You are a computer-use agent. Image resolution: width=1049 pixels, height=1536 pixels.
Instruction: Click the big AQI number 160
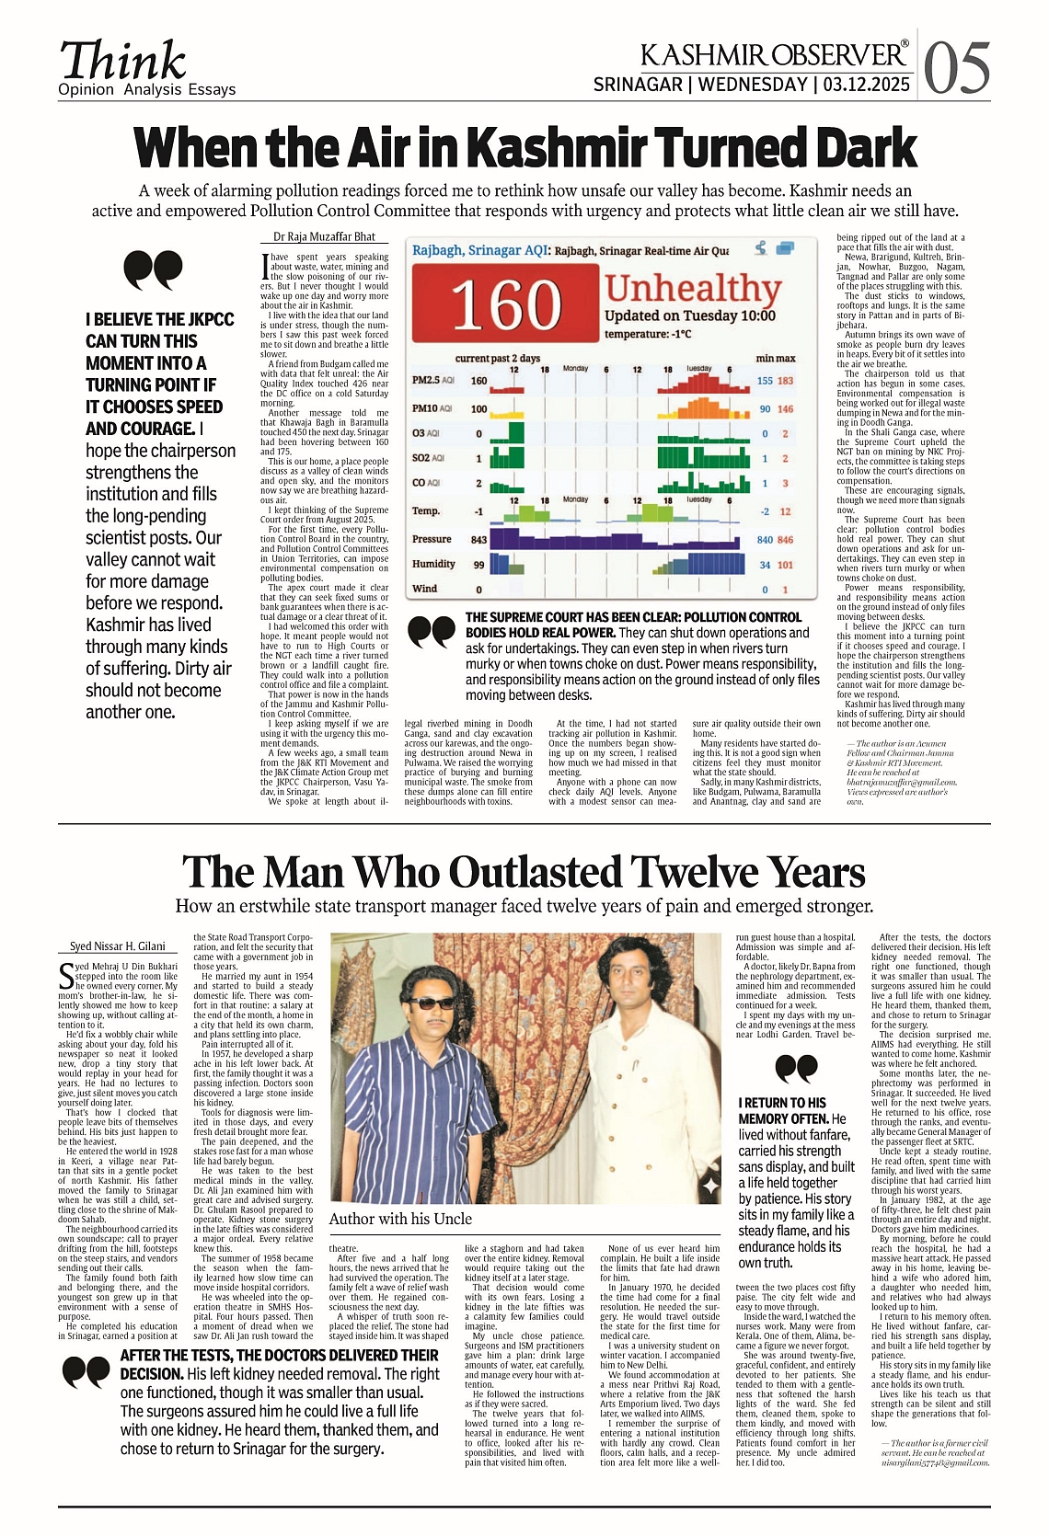tap(505, 304)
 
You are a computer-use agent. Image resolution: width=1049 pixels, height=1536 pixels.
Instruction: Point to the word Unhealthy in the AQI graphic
tap(693, 288)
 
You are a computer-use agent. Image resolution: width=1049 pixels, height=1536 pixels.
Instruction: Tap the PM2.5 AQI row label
tap(433, 380)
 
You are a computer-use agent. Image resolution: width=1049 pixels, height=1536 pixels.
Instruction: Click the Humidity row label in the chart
tap(433, 564)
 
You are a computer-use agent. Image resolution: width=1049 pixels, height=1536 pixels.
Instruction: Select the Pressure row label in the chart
tap(432, 539)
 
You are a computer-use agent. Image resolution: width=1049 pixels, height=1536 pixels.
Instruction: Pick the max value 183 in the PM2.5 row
tap(785, 381)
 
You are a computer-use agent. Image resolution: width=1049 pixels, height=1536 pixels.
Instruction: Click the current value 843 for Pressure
tap(478, 540)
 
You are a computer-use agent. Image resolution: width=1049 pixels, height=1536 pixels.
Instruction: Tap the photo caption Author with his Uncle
tap(400, 1219)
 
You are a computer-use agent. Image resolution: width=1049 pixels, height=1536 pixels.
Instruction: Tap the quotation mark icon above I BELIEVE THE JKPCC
tap(153, 270)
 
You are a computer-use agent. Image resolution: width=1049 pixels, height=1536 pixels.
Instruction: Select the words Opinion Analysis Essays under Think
tap(147, 89)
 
